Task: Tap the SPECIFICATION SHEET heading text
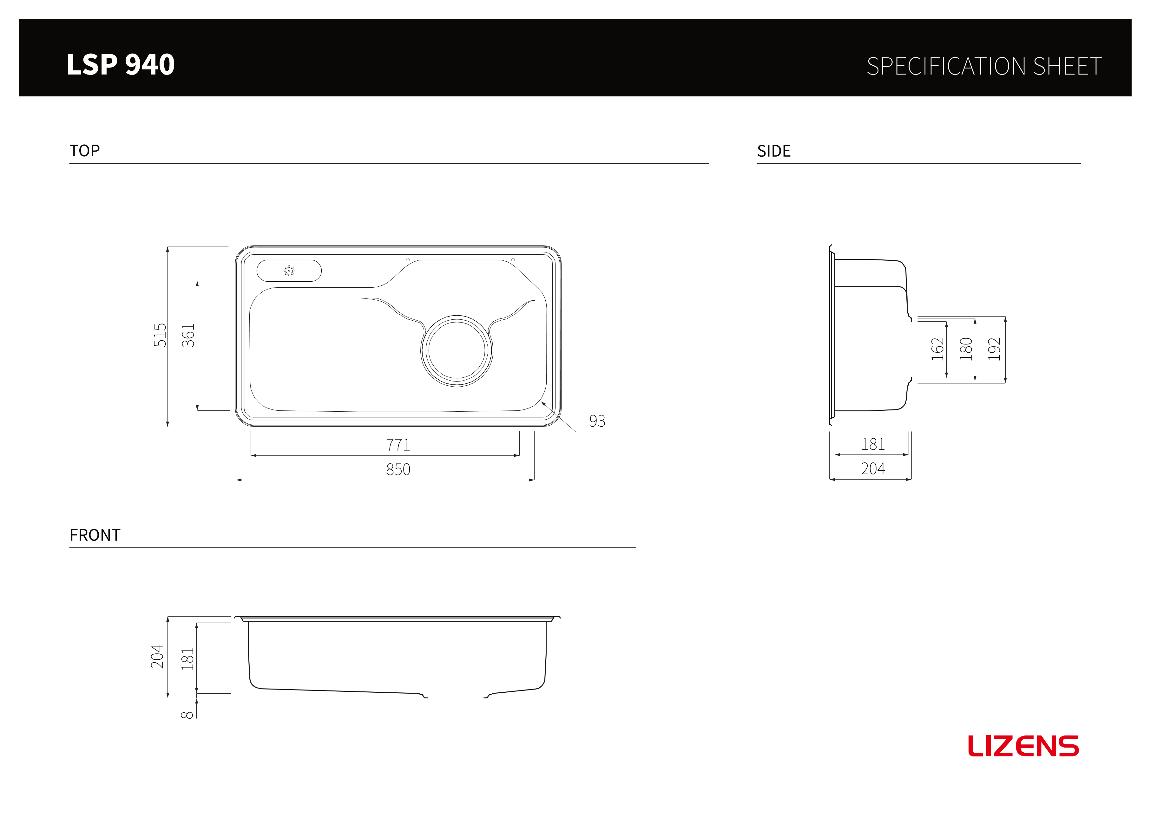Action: tap(984, 66)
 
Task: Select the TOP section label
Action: tap(85, 151)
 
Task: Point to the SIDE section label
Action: tap(774, 151)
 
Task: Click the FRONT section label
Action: tap(95, 535)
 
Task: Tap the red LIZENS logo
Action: tap(1023, 746)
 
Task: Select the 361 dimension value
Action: tap(188, 335)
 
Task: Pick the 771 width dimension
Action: tap(398, 445)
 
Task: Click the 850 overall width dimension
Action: tap(398, 469)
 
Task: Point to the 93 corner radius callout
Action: tap(597, 421)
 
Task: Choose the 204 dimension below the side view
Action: tap(873, 468)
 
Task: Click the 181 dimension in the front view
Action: tap(187, 659)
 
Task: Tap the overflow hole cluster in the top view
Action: tap(289, 271)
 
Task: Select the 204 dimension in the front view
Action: tap(157, 657)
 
